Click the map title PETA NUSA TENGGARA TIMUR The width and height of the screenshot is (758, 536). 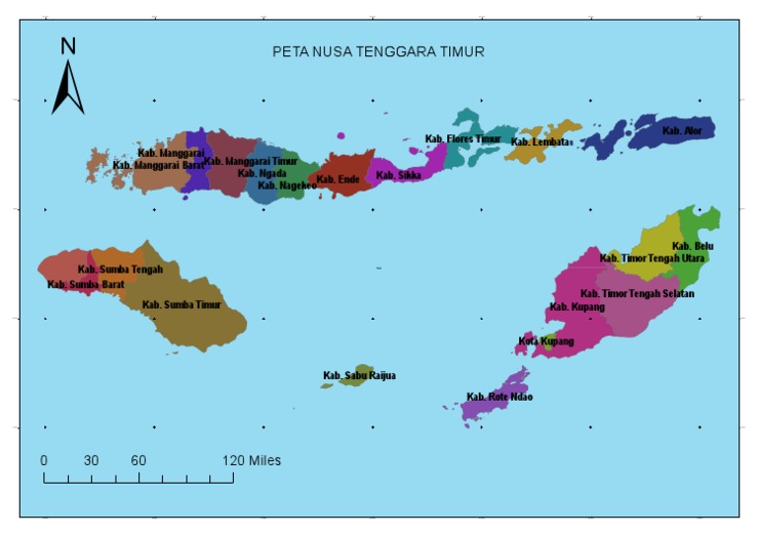378,51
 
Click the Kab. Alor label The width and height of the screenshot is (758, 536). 683,130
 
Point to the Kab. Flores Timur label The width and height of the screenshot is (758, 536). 463,139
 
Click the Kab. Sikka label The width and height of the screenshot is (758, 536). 399,176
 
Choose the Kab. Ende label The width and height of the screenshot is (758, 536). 339,180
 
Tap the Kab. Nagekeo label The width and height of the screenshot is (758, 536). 287,186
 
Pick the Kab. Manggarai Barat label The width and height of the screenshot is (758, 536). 158,165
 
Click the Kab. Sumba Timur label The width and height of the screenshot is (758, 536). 182,305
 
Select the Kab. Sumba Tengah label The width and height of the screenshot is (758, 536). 120,269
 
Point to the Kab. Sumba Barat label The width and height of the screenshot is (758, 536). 86,284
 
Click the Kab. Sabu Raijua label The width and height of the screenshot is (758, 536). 359,376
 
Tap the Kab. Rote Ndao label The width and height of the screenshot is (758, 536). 499,397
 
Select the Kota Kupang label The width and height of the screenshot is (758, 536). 546,342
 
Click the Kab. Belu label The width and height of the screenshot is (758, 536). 692,246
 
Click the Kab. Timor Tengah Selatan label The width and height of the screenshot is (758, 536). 637,294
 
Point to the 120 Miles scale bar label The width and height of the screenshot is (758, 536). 252,461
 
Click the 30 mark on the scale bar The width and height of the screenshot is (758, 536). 91,461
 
